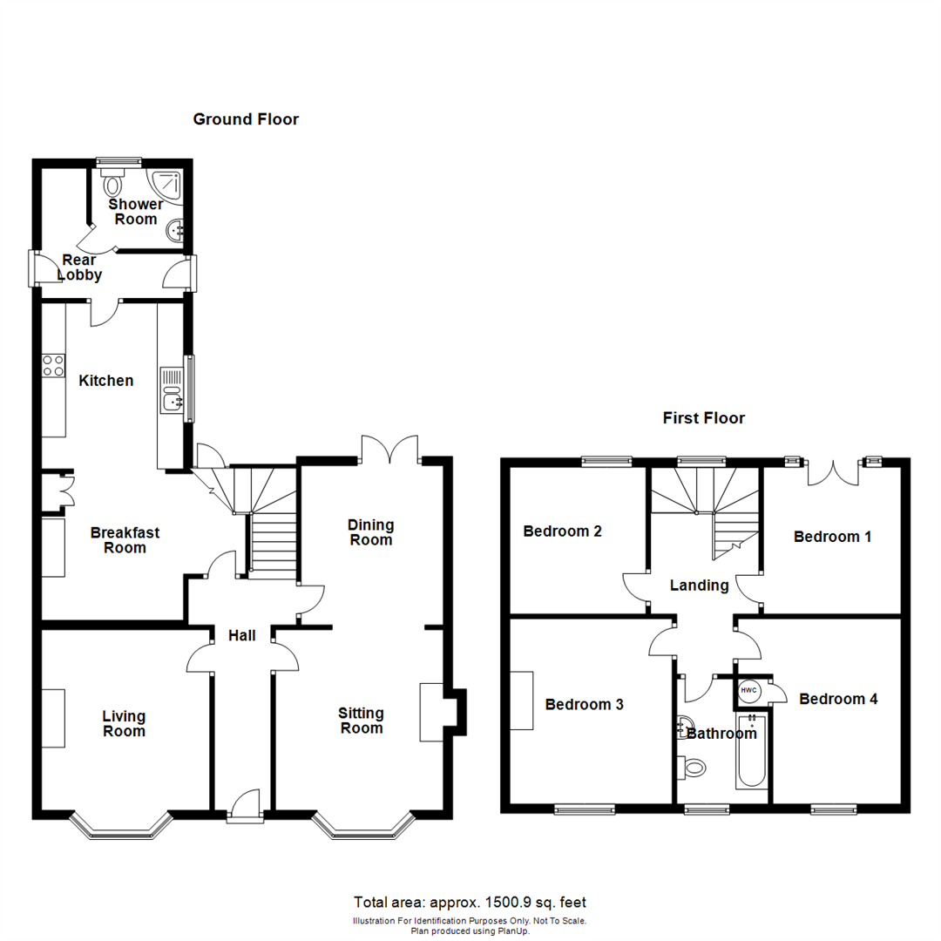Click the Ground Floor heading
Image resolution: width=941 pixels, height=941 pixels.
(246, 119)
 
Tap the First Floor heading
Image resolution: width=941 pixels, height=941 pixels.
(703, 418)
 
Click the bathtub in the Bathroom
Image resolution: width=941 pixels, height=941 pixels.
(750, 751)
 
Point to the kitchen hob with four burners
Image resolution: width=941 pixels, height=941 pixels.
(53, 365)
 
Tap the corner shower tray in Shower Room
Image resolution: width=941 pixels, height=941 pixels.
(167, 185)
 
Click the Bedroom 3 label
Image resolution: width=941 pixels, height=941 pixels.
(584, 704)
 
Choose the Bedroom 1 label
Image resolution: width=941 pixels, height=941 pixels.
(832, 537)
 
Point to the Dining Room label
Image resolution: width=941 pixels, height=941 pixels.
(371, 532)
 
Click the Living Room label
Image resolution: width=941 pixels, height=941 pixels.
(124, 724)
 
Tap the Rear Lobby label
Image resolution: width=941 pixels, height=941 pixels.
(80, 267)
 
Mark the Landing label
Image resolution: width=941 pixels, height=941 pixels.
(699, 586)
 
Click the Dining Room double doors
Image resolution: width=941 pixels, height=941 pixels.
(391, 450)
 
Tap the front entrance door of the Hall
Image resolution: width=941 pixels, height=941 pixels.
(246, 807)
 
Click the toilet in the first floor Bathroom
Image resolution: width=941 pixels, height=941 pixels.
(694, 768)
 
